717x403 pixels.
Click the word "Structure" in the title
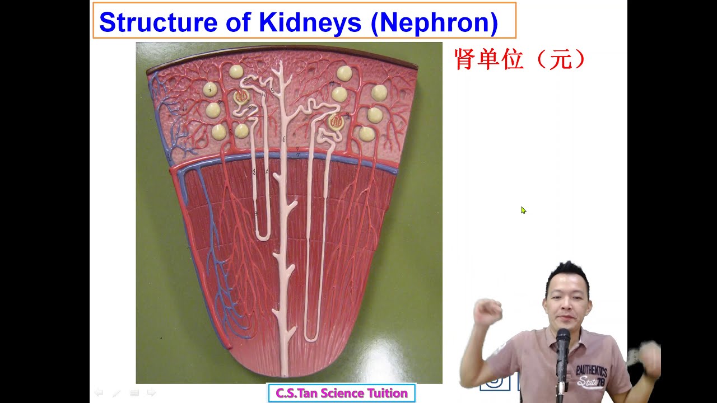click(x=143, y=22)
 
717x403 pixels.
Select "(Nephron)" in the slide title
click(x=438, y=22)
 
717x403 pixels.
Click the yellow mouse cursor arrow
click(x=523, y=210)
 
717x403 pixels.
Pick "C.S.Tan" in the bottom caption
click(x=295, y=393)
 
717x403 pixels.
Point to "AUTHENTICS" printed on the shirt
click(x=592, y=372)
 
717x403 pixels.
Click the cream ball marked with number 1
click(x=210, y=89)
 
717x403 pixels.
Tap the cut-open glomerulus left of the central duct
click(x=241, y=97)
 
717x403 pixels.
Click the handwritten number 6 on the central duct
click(x=285, y=139)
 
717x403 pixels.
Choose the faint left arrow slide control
click(x=99, y=393)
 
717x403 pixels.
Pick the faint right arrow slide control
click(x=151, y=393)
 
